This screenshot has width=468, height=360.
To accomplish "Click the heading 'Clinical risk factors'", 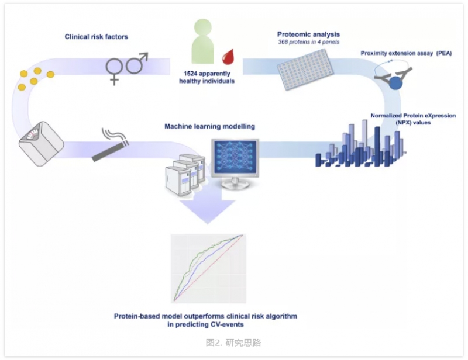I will (x=96, y=37).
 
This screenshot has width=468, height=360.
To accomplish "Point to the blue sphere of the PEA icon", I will (x=397, y=82).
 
